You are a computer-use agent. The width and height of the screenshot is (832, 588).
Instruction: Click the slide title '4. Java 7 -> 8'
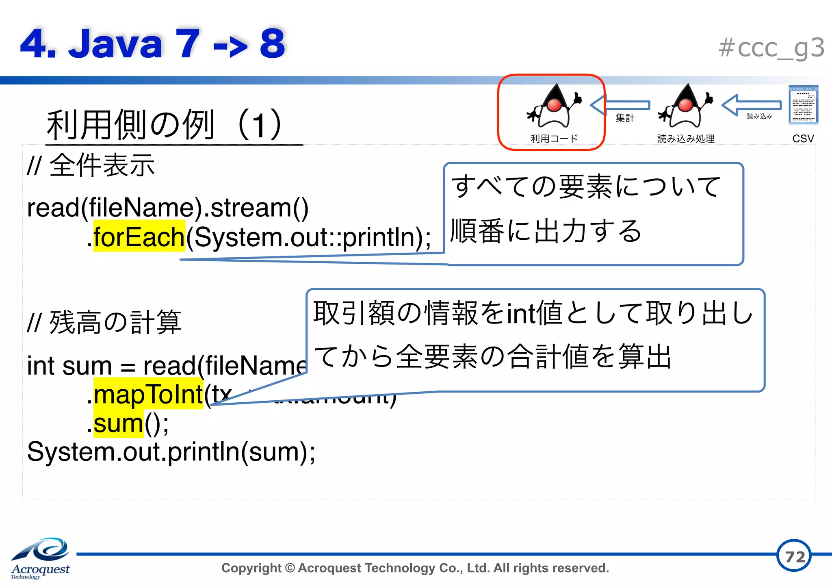[152, 43]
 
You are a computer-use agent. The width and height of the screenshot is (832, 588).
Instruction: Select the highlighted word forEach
[139, 237]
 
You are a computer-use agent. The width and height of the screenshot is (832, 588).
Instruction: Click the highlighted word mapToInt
[148, 394]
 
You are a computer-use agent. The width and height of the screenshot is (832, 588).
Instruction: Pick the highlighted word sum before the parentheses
[118, 423]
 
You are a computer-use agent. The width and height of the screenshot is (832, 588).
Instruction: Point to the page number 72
[794, 556]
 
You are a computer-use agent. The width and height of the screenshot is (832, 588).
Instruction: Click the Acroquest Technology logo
[41, 558]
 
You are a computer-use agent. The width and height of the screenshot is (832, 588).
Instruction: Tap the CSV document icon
[803, 104]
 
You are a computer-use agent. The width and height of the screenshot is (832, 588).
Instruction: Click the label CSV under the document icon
[803, 139]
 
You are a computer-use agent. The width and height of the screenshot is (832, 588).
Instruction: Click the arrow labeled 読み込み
[752, 105]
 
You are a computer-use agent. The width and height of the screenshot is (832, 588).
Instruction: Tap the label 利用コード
[554, 139]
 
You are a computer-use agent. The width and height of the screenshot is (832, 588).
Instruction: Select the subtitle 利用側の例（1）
[165, 125]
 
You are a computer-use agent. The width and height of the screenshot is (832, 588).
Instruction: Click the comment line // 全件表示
[91, 165]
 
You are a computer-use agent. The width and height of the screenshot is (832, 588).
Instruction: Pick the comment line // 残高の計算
[104, 322]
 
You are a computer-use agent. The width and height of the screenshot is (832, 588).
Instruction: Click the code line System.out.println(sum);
[171, 452]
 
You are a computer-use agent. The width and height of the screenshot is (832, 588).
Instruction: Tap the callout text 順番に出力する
[546, 231]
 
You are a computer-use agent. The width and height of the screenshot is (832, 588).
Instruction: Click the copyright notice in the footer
[415, 568]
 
